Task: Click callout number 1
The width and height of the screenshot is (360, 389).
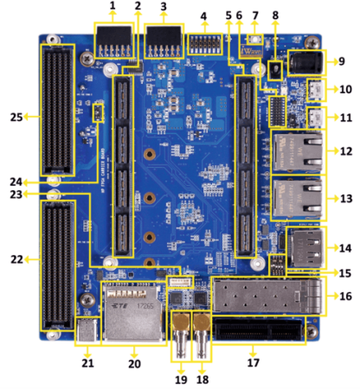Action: point(112,7)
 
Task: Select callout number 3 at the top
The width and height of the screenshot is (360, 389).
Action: point(164,7)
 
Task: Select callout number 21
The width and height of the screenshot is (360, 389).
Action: point(87,366)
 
